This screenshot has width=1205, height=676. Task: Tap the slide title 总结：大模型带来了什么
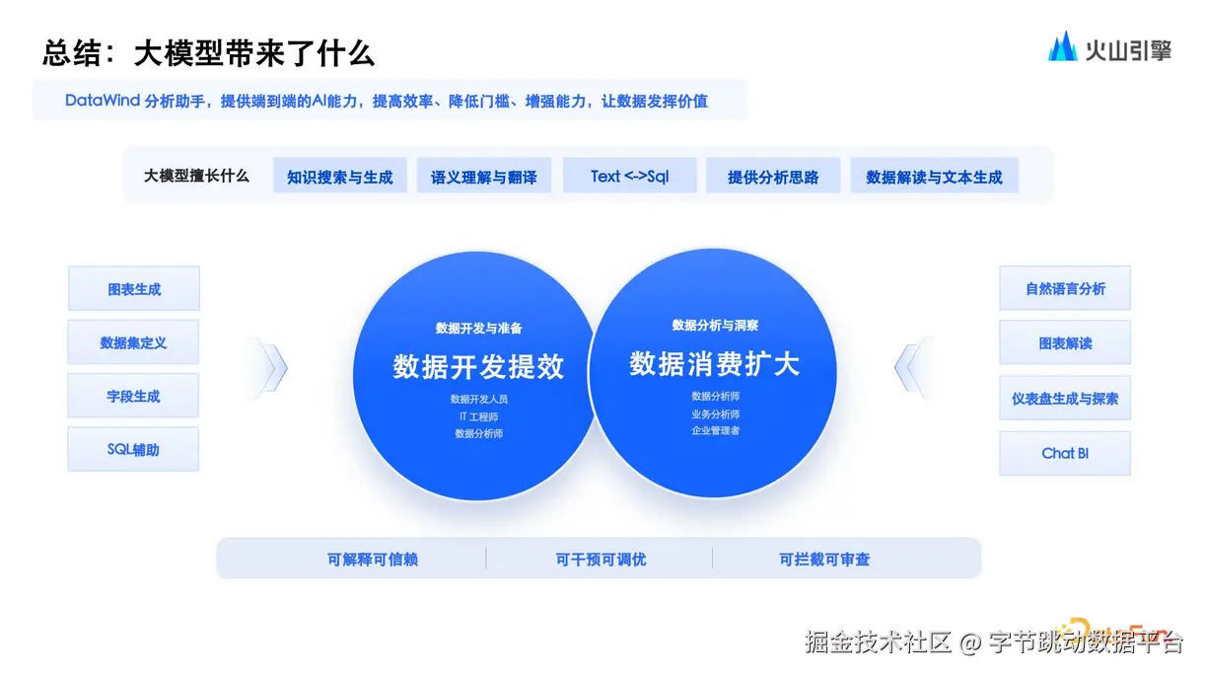(208, 52)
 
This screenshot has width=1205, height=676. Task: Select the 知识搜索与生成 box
(339, 177)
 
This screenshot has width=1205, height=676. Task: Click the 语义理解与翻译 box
(483, 177)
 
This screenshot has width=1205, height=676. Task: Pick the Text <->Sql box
(629, 176)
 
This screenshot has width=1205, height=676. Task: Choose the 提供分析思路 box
(773, 177)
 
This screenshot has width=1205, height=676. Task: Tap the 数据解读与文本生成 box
(934, 177)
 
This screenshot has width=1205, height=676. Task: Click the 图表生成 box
(134, 289)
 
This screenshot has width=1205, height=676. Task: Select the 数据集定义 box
(134, 342)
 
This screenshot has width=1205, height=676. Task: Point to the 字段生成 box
(134, 396)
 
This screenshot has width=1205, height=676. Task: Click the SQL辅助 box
(134, 449)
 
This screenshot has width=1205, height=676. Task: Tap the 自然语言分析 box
(1065, 289)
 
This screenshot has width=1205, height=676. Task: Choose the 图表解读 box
(1065, 343)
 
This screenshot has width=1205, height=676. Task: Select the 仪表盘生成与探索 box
(1065, 399)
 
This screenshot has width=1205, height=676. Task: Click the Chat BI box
(1065, 453)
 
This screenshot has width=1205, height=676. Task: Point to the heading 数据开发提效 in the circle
(478, 367)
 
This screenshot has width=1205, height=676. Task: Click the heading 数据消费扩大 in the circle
(714, 364)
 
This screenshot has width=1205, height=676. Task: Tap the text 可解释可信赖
(373, 560)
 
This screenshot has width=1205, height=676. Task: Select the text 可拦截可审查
(824, 560)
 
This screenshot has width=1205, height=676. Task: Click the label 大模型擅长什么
(196, 176)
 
